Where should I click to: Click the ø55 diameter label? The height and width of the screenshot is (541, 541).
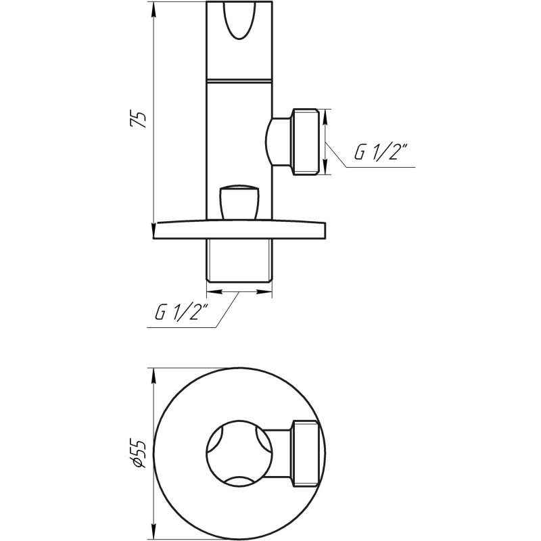click(138, 453)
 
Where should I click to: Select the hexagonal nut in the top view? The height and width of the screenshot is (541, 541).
click(304, 453)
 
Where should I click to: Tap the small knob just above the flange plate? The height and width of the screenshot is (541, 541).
click(239, 202)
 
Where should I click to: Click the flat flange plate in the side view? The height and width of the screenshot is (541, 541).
click(239, 230)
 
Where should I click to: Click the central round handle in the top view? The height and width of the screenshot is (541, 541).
click(239, 453)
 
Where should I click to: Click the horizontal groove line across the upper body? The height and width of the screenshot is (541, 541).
click(239, 80)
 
